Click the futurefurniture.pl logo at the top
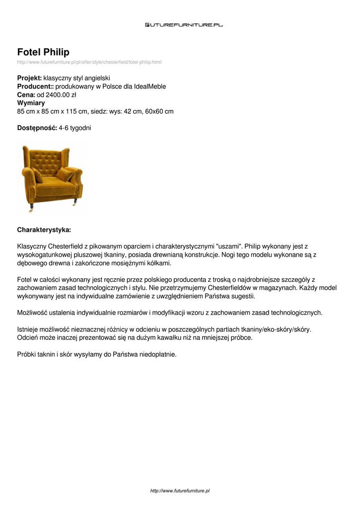[x=184, y=24]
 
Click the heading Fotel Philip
[x=43, y=52]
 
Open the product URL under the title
[x=89, y=62]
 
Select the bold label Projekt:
[x=29, y=78]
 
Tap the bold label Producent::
[x=35, y=86]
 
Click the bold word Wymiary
[x=31, y=103]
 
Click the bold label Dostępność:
[x=37, y=128]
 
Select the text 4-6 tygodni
[x=75, y=128]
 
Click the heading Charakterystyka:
[x=44, y=230]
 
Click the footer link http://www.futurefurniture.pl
[x=180, y=491]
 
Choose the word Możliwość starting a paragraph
[x=31, y=313]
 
